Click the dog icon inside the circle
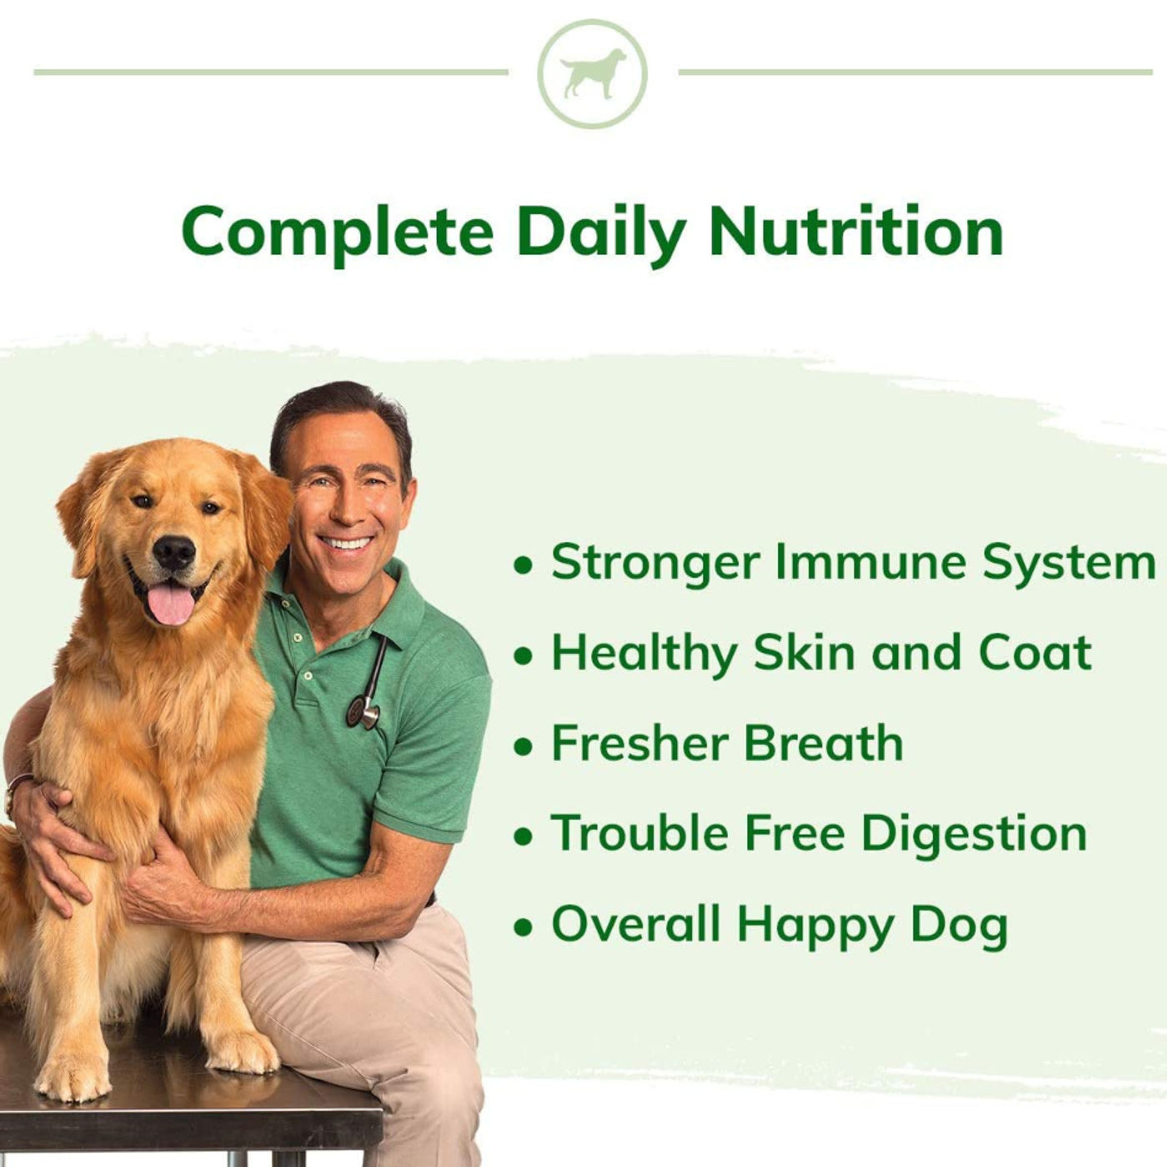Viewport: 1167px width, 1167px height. pos(593,73)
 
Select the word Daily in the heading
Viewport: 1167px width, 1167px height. pos(601,233)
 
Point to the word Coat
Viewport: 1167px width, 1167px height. pos(1035,652)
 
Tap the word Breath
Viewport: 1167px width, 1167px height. pos(824,743)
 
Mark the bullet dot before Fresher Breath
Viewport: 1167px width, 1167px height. pos(523,748)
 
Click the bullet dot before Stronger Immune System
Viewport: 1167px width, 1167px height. pos(523,566)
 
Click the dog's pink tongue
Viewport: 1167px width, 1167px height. pos(172,605)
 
